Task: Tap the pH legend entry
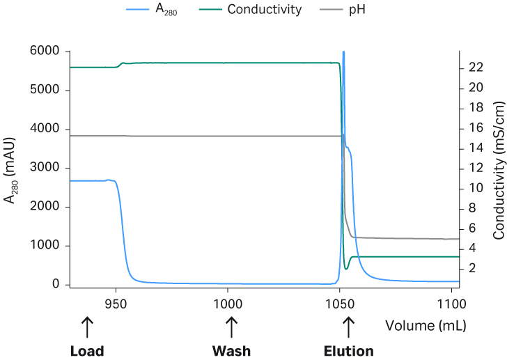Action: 357,10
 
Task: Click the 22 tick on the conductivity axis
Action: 477,68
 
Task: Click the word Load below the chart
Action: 87,351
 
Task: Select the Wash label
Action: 231,351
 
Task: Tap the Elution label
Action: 349,351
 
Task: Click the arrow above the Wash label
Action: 231,326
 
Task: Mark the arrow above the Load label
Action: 87,326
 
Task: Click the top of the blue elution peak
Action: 343,52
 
